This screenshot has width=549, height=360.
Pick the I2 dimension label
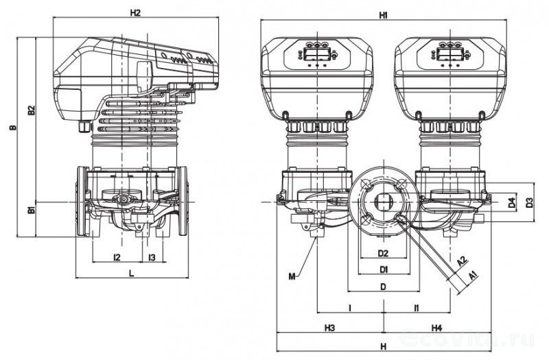point(117,257)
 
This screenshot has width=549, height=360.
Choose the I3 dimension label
point(152,257)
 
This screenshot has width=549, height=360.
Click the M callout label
point(292,276)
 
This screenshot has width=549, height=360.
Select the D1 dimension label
point(384,267)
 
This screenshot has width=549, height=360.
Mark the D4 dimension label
point(511,204)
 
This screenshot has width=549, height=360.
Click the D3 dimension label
point(529,204)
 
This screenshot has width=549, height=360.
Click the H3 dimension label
point(329,328)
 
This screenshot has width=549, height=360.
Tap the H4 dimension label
point(436,328)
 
